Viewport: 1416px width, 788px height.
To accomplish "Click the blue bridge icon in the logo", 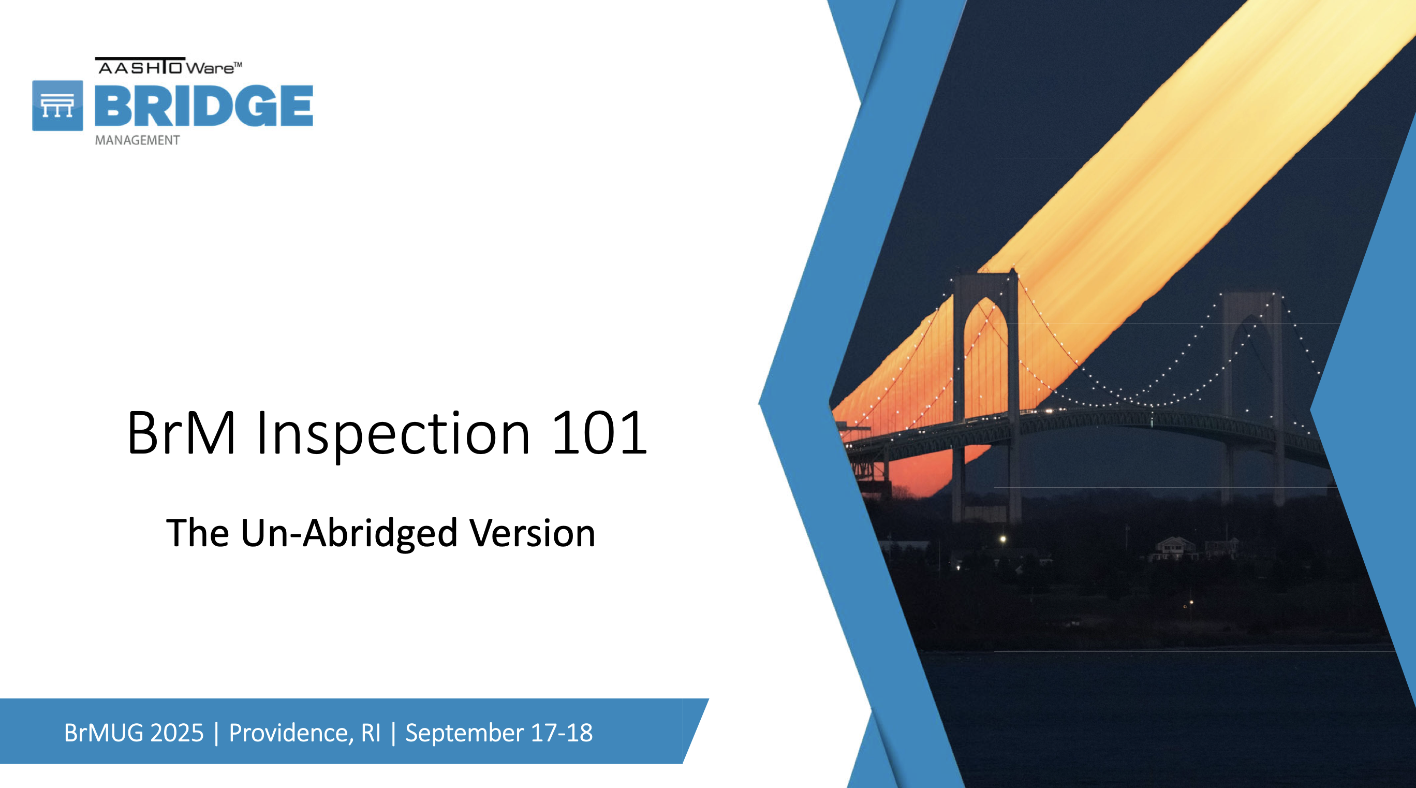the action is (x=58, y=106).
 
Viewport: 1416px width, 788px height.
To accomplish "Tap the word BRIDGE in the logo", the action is (x=204, y=106).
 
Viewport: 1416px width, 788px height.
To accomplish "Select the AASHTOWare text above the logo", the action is (x=169, y=66).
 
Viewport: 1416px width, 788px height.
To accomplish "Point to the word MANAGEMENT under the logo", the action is (x=138, y=140).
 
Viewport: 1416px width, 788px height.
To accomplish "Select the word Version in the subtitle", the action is (x=532, y=533).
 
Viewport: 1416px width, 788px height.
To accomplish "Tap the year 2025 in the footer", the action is (x=176, y=733).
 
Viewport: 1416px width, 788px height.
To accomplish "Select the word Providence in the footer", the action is (x=291, y=734).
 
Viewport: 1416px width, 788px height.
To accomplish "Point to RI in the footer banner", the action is (x=371, y=733).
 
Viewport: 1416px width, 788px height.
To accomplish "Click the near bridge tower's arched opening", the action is (x=985, y=357).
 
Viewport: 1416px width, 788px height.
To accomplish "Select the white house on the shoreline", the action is (x=1175, y=548).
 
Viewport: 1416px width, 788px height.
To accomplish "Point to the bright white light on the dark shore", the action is (x=1002, y=539).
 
